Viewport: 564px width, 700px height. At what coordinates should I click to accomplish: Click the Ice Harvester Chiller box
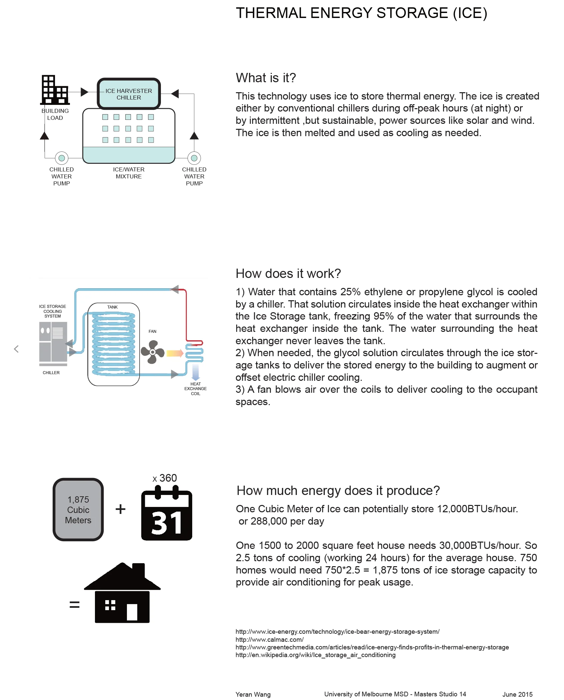[129, 94]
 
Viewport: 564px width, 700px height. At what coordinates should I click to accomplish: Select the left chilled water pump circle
[62, 158]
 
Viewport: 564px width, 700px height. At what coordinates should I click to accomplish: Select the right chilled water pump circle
[194, 158]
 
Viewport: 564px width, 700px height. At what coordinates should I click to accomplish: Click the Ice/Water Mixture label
[129, 173]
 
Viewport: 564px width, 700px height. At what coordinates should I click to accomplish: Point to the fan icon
[153, 352]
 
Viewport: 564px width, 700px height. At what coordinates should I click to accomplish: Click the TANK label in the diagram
[113, 307]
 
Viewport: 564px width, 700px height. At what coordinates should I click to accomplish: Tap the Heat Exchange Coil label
[196, 389]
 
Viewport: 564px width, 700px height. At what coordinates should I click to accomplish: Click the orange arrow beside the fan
[175, 353]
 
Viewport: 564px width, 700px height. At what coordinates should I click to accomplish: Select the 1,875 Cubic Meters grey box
[78, 510]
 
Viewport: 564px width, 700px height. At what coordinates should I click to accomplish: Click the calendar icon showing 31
[167, 514]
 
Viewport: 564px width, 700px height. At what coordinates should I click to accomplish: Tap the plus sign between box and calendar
[121, 509]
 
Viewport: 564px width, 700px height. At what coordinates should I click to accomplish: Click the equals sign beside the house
[74, 604]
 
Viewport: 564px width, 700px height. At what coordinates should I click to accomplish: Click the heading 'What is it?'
[266, 78]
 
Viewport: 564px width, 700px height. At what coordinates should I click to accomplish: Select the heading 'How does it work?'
[288, 274]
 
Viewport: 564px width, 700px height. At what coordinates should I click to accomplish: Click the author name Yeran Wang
[253, 694]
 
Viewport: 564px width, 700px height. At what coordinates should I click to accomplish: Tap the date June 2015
[517, 694]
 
